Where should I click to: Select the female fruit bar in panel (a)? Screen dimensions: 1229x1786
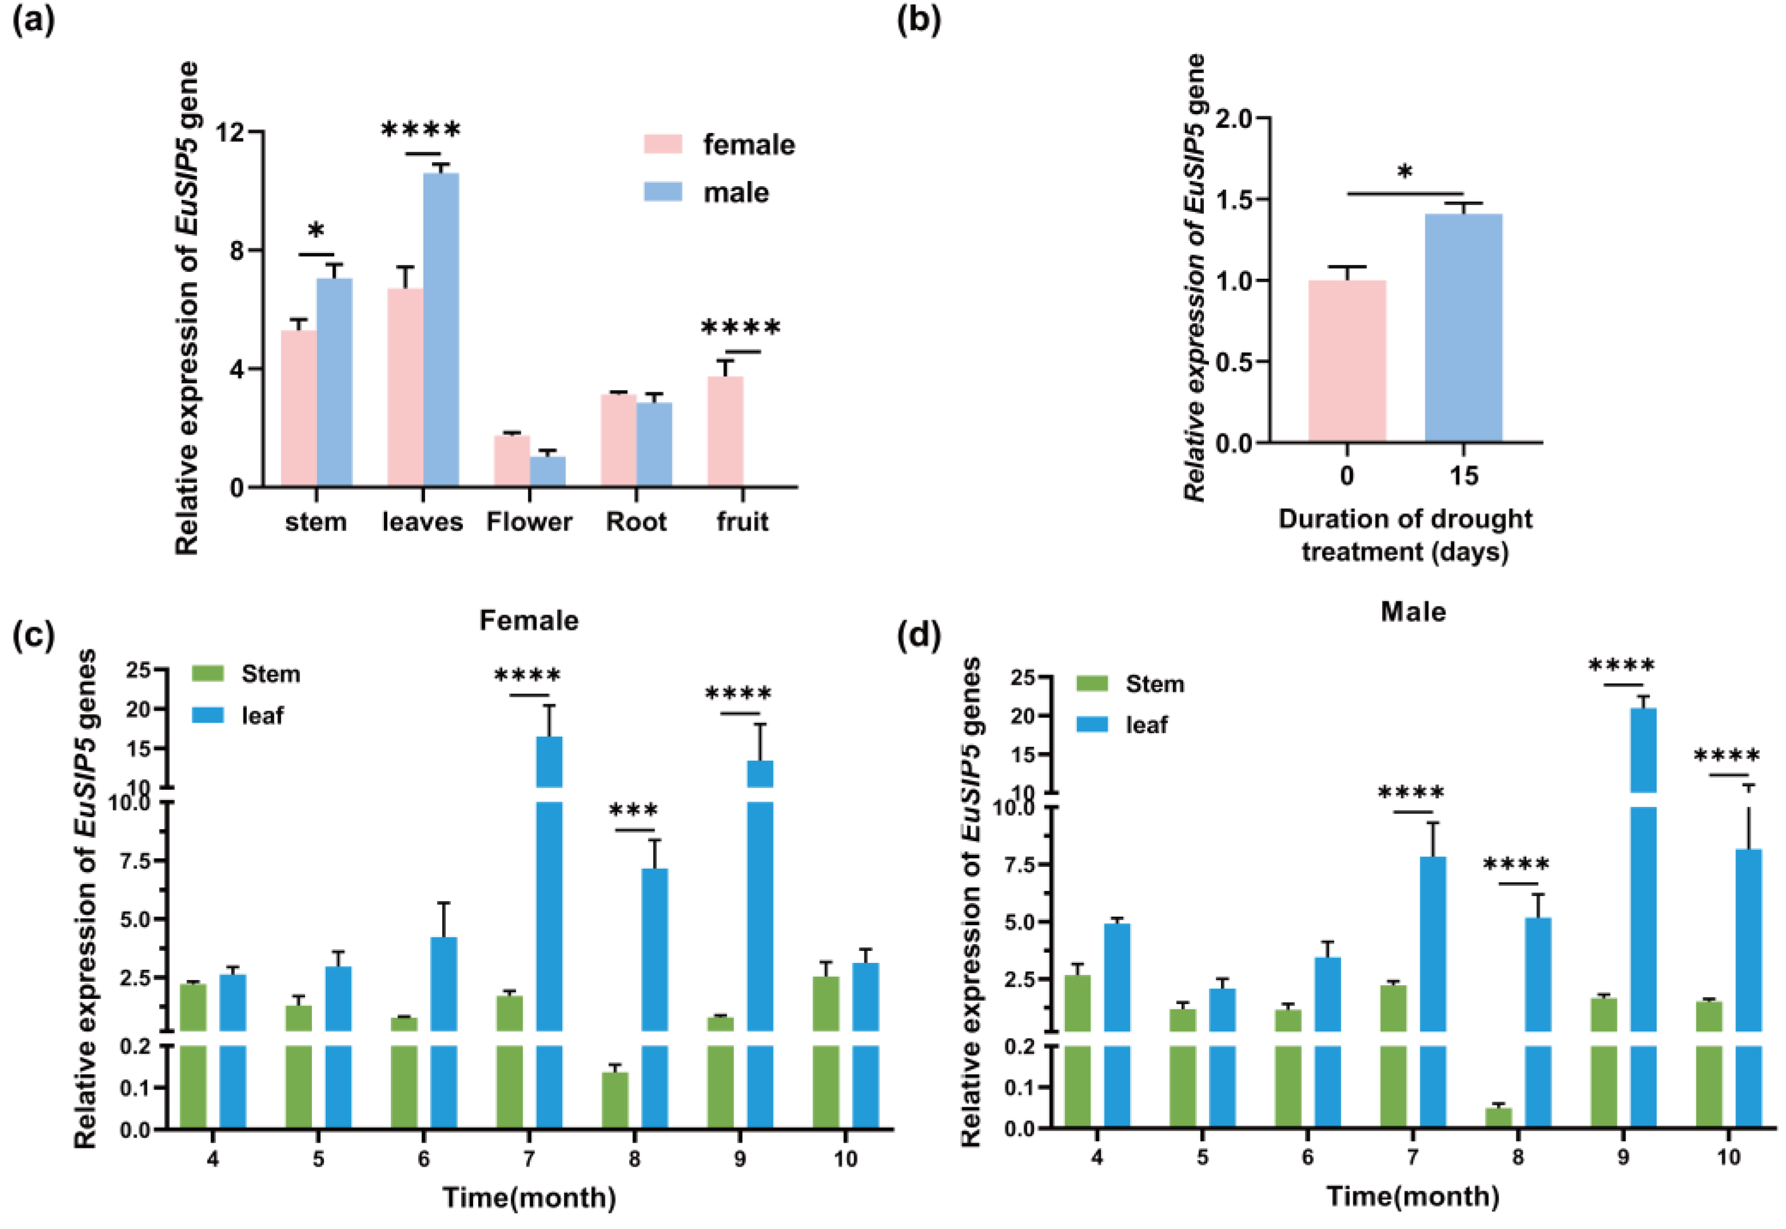(724, 431)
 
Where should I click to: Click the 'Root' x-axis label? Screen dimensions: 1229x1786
(635, 522)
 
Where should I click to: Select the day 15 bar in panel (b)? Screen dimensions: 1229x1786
(1463, 327)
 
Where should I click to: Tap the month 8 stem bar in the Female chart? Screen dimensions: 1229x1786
(615, 1101)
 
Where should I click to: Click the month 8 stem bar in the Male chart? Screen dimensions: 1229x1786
(1499, 1117)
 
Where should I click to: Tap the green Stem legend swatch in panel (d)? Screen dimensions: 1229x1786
(1091, 684)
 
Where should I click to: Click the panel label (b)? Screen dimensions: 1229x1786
(919, 20)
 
